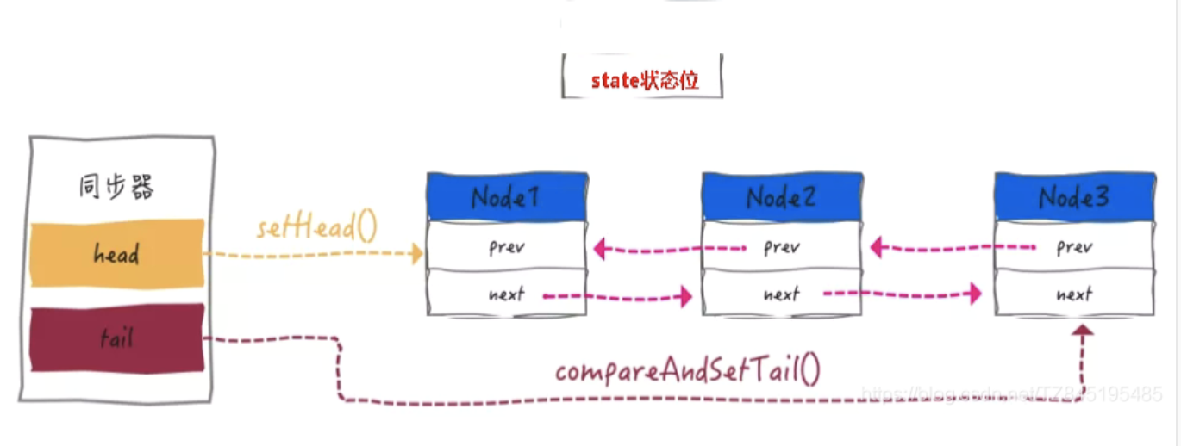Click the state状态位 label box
(x=642, y=80)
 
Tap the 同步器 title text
(x=116, y=188)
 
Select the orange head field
(x=117, y=254)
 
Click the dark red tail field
(x=117, y=338)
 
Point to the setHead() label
(x=316, y=229)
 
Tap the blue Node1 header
(x=506, y=197)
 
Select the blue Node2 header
(x=781, y=197)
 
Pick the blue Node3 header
(x=1073, y=197)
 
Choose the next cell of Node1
(x=506, y=294)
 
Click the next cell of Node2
(x=781, y=294)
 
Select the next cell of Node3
(x=1073, y=294)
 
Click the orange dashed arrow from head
(x=315, y=254)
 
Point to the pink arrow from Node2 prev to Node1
(x=669, y=250)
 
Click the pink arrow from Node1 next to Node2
(x=617, y=296)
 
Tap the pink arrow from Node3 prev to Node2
(x=952, y=249)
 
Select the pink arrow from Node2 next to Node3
(x=902, y=294)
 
